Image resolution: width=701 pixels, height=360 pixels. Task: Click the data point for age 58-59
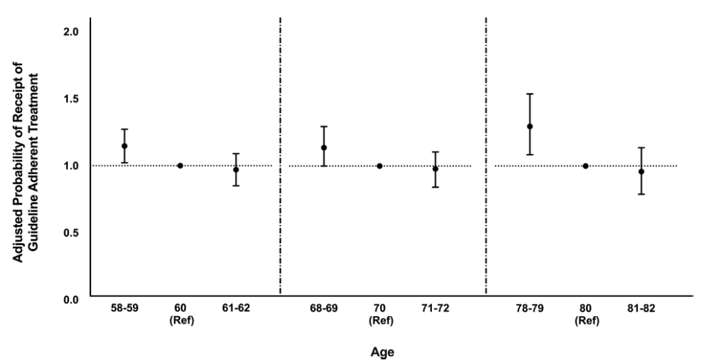125,146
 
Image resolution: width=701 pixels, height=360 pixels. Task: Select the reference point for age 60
180,166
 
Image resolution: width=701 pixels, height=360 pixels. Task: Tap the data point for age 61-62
236,170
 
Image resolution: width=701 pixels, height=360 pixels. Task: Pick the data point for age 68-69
324,147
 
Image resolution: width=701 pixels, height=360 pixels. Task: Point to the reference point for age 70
379,166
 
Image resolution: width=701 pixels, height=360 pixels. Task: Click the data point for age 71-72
435,169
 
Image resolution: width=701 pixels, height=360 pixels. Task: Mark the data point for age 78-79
530,126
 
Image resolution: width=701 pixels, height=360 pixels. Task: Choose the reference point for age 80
585,166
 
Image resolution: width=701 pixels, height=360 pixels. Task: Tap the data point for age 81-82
641,171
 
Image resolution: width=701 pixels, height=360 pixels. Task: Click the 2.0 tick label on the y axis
71,32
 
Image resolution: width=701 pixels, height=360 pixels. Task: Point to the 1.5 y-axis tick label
71,99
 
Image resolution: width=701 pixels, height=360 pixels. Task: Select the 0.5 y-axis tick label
71,232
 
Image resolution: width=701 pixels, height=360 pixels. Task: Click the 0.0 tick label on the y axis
71,299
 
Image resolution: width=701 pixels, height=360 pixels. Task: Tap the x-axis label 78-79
530,309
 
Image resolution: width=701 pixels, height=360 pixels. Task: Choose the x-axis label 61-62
236,309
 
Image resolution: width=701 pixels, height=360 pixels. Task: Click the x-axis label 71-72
435,309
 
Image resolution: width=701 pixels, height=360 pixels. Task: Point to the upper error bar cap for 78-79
530,94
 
